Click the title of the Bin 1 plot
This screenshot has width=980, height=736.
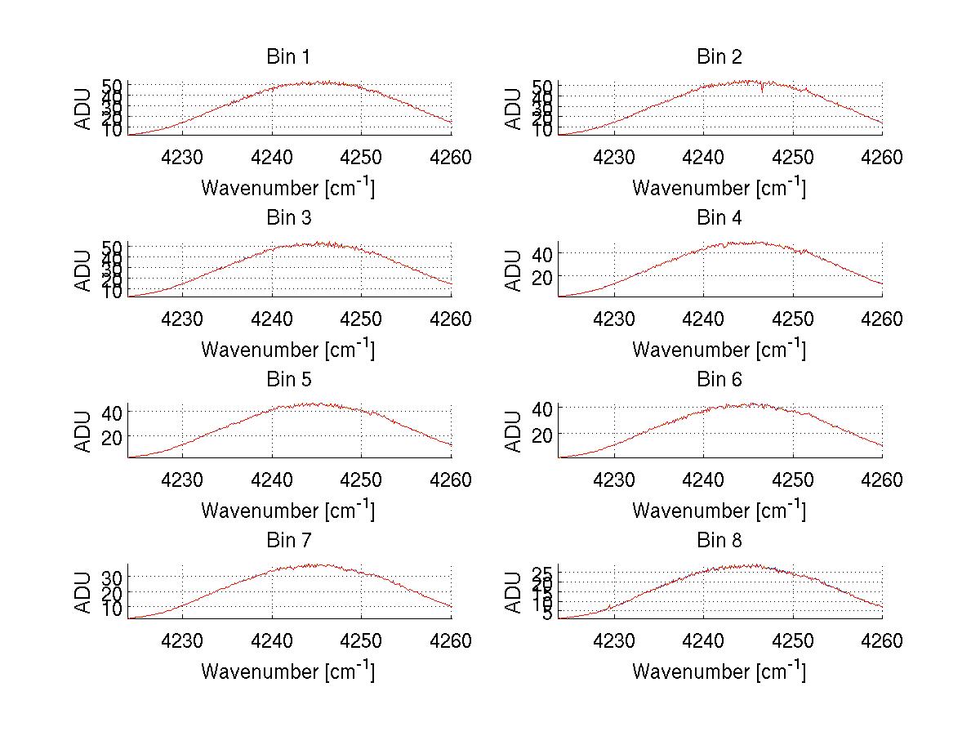(x=288, y=57)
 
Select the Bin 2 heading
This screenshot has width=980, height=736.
(x=719, y=57)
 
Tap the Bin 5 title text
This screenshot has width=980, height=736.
(x=288, y=380)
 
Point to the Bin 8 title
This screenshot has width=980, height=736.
(x=719, y=541)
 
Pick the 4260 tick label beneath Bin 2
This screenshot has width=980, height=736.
(x=882, y=157)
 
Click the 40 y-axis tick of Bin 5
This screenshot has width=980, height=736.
(x=112, y=412)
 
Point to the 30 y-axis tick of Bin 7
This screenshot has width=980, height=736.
(x=112, y=577)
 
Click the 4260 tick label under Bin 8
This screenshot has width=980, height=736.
(x=882, y=641)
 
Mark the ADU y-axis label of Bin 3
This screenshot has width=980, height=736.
(x=84, y=270)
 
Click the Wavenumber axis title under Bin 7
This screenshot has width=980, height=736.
(x=288, y=671)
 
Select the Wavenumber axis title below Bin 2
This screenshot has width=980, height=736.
(x=719, y=188)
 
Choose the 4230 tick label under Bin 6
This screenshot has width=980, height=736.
(x=613, y=480)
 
